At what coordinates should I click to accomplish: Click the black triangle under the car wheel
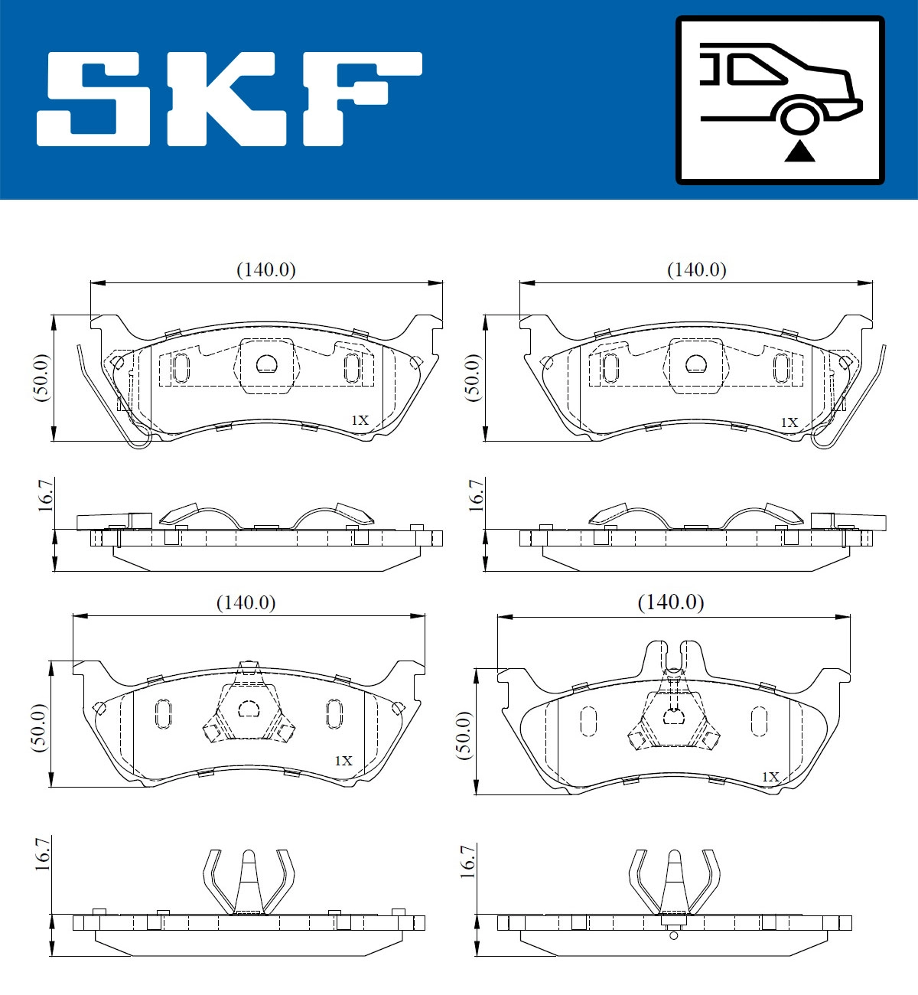[799, 152]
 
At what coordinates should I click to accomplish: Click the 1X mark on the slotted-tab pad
[770, 777]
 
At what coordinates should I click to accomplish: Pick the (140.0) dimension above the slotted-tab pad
[671, 602]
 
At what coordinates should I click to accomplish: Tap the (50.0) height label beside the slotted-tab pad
[464, 735]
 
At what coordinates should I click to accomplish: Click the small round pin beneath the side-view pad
[673, 935]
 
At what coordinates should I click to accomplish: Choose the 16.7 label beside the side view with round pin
[467, 861]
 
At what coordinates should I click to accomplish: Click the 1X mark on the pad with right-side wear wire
[789, 422]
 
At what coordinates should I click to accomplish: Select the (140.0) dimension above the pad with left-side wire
[266, 269]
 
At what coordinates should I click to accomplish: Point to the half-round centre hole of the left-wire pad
[266, 364]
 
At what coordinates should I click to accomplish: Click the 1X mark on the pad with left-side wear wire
[360, 420]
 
